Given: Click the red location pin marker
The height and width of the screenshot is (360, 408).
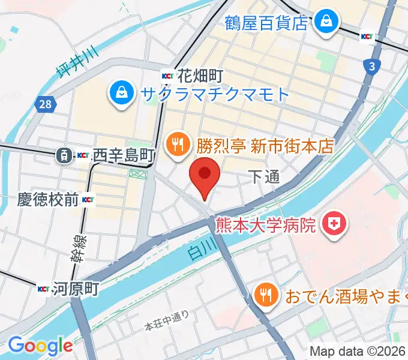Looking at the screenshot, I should (x=205, y=175).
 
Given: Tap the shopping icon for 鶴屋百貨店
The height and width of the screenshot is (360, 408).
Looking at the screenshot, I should (x=327, y=22).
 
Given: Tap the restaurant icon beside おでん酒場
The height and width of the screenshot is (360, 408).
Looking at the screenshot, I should (x=265, y=295).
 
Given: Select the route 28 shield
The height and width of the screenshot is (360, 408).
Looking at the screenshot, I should (x=45, y=105).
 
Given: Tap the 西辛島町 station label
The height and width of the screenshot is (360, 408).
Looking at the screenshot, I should (x=124, y=155).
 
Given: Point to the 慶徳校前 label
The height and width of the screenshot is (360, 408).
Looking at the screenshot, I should (x=39, y=199).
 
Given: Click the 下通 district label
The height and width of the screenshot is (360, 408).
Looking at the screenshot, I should (x=264, y=176).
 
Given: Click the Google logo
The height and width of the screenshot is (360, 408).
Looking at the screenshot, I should (x=40, y=346).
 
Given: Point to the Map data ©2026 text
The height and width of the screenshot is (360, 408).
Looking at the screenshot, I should (x=358, y=350).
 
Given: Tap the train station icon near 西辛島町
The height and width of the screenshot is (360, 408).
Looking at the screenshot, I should (x=62, y=155).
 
